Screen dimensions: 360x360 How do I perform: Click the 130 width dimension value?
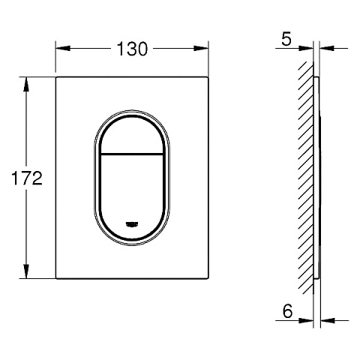pos(131,49)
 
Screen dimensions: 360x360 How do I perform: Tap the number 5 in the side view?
pos(286,39)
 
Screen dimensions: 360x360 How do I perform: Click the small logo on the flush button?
pos(132,223)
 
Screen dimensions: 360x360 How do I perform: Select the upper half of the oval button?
pos(132,135)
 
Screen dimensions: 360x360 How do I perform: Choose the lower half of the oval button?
pos(132,191)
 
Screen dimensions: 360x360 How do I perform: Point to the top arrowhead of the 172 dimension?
pos(28,82)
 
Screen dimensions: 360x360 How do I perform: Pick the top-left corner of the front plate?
pos(57,76)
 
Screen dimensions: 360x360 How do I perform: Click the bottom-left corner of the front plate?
pos(57,279)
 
